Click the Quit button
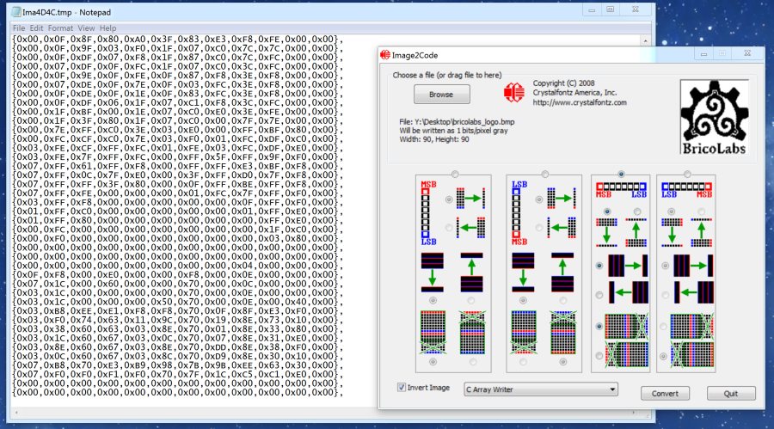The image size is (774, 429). click(x=731, y=393)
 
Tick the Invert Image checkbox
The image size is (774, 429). click(x=402, y=388)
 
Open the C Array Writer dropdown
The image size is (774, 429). click(x=540, y=389)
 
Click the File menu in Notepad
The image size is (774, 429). click(x=18, y=28)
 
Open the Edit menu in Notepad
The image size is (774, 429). click(x=36, y=28)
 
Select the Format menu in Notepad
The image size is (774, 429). click(x=60, y=28)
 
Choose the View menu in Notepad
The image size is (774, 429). click(x=86, y=28)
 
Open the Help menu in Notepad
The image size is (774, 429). click(x=107, y=28)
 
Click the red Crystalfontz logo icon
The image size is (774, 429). click(x=514, y=92)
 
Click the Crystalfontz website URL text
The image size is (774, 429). click(x=580, y=102)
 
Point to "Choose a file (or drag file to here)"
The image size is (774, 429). click(x=446, y=75)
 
